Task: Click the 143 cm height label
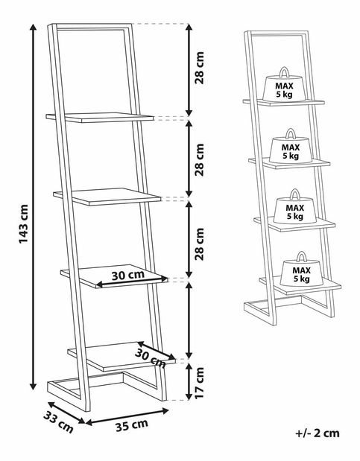pos(24,224)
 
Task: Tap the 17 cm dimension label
pos(200,382)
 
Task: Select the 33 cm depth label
pos(58,422)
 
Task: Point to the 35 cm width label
pos(131,425)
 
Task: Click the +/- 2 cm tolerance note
pos(318,433)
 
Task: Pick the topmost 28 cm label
pos(200,68)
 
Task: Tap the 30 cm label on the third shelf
pos(128,276)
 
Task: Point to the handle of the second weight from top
pos(291,133)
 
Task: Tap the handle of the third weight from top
pos(294,194)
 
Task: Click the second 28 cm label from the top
pos(200,159)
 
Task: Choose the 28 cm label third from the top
pos(200,244)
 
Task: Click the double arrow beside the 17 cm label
pos(189,381)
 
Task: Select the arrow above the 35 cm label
pos(127,416)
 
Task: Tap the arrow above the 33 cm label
pos(66,413)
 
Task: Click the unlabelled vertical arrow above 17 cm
pos(189,320)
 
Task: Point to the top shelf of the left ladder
pos(100,118)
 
